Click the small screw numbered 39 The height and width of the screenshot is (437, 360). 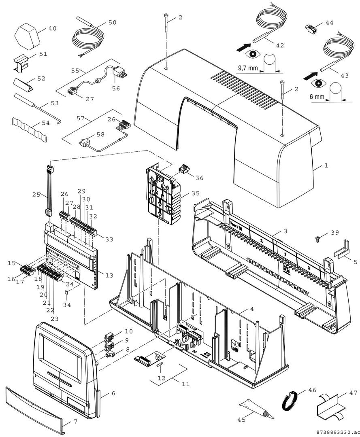pyautogui.click(x=318, y=239)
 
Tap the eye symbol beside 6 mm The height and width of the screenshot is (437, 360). pyautogui.click(x=319, y=83)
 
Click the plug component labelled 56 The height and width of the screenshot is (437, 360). pyautogui.click(x=121, y=72)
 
